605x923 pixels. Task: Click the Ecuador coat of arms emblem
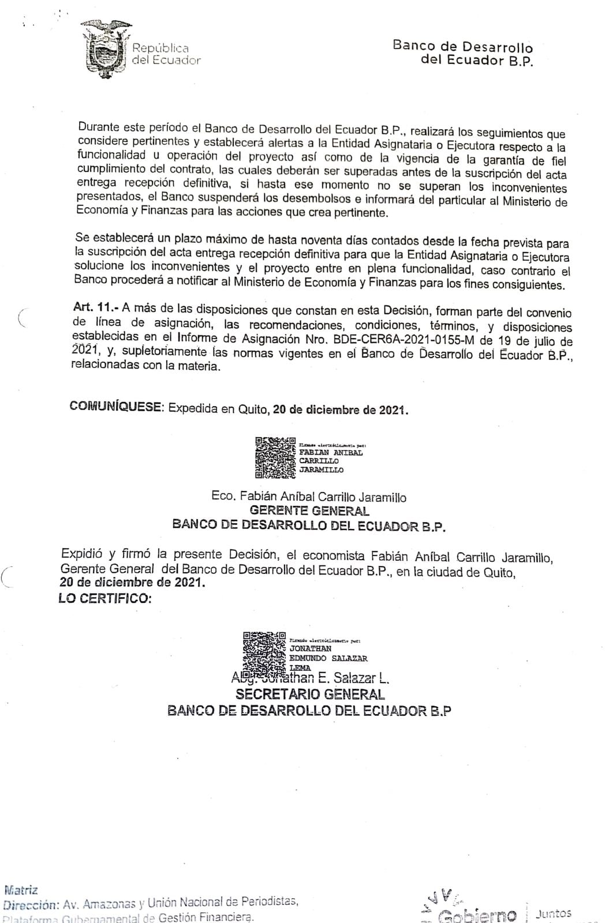[104, 48]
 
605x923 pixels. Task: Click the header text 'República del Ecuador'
[166, 54]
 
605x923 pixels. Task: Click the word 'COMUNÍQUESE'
[116, 407]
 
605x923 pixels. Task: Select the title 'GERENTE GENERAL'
[309, 511]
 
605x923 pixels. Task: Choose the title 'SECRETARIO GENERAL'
[309, 694]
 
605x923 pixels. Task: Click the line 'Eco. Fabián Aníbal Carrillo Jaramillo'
[309, 497]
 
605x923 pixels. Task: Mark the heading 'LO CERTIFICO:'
[105, 599]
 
